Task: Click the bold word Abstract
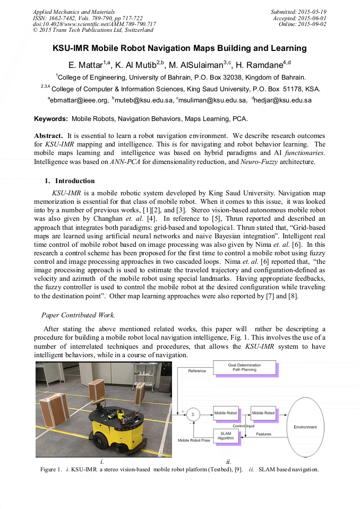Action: [49, 136]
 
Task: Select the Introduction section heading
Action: [75, 180]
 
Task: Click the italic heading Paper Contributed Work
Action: [76, 315]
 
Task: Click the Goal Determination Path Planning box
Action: [244, 367]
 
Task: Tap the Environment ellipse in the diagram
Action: [305, 427]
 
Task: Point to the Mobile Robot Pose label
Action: [193, 441]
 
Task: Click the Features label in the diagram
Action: [264, 434]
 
